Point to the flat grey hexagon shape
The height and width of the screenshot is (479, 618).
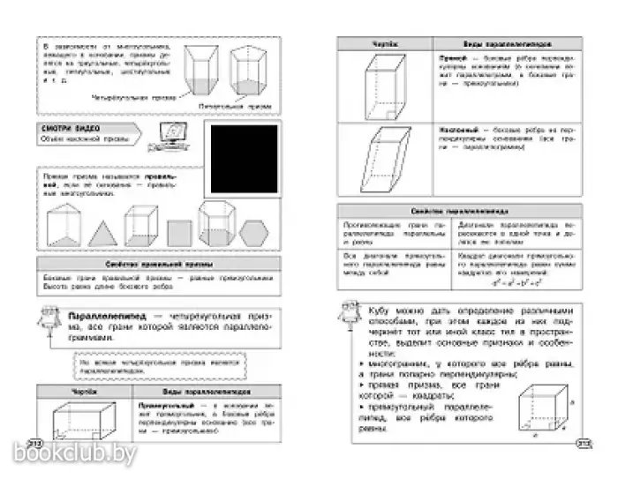(x=253, y=231)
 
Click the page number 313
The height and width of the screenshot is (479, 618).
(x=583, y=444)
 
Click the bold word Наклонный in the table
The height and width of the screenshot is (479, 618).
(x=457, y=128)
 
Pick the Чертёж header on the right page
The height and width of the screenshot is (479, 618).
(x=386, y=41)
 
